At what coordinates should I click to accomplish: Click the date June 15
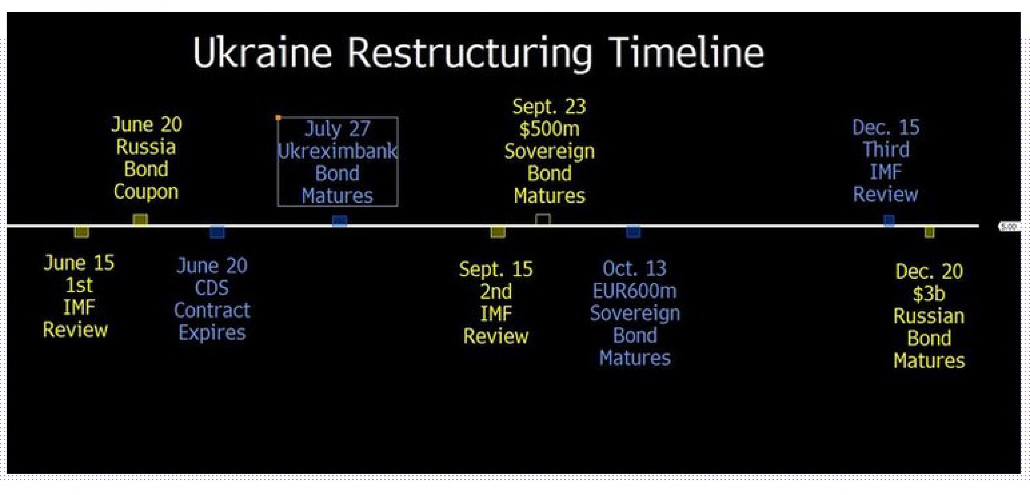click(79, 263)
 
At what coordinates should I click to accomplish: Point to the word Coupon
click(146, 192)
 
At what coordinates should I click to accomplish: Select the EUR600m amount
click(635, 291)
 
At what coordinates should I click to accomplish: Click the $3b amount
click(929, 294)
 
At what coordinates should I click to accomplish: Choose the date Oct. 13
click(635, 268)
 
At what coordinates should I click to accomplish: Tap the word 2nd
click(496, 292)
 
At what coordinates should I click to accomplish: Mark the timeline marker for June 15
click(81, 232)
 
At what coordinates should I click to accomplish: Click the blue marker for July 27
click(340, 221)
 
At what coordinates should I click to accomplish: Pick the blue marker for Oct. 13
click(633, 232)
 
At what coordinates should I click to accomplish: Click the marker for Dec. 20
click(929, 232)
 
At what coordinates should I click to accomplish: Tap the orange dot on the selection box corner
click(278, 118)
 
